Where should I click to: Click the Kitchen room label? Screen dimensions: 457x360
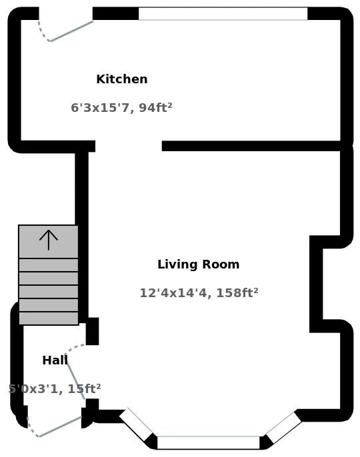pos(121,79)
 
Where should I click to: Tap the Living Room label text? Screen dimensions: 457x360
pos(198,264)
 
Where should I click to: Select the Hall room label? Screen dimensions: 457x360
pos(55,360)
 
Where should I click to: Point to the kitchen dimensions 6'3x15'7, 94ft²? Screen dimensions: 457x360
pos(121,107)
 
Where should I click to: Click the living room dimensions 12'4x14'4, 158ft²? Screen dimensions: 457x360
pos(199,292)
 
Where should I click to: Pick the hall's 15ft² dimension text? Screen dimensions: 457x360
pos(55,388)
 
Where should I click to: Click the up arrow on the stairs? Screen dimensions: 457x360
pos(48,239)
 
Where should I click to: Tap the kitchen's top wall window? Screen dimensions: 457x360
pos(223,13)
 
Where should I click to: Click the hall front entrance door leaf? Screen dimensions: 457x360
pos(61,426)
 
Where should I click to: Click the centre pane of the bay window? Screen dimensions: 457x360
pos(208,442)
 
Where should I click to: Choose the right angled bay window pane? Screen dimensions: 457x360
pos(283,427)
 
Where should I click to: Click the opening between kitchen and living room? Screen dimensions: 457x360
pos(129,146)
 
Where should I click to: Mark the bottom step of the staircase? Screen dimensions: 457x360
pos(48,318)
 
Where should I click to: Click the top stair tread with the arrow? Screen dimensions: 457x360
pos(48,242)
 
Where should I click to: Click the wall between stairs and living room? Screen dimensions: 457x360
pos(82,233)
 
